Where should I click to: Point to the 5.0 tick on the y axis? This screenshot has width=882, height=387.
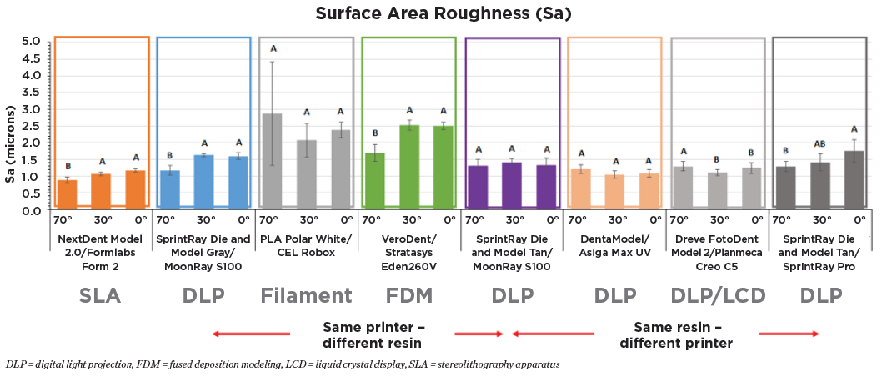click(x=31, y=41)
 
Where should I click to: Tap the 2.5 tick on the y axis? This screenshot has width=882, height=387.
click(x=31, y=126)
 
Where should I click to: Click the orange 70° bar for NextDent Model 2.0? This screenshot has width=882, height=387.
click(x=67, y=194)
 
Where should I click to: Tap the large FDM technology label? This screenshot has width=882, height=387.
click(x=408, y=295)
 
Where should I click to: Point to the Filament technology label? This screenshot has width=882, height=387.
click(x=306, y=295)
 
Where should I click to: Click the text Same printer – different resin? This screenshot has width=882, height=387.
click(x=372, y=334)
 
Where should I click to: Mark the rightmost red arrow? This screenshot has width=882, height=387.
click(x=789, y=334)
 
